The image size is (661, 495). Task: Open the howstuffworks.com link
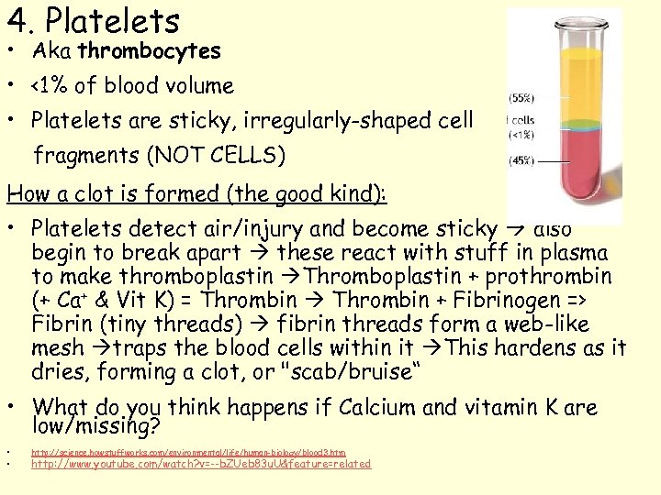[188, 453]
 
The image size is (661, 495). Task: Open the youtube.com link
[201, 465]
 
